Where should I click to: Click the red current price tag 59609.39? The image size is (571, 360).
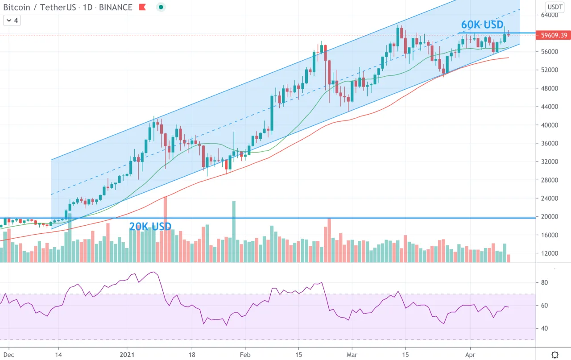(553, 35)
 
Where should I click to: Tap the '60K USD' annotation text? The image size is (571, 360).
(482, 25)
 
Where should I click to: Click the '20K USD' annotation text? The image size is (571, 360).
(150, 227)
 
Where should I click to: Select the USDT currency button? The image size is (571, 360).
(555, 7)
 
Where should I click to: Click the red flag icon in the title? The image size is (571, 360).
(142, 7)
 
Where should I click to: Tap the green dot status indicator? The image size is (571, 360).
(161, 7)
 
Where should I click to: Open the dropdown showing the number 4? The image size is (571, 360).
(12, 21)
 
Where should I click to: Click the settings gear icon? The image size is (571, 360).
(554, 355)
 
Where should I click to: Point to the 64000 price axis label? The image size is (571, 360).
(549, 15)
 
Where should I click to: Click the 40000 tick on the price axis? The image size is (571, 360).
(549, 125)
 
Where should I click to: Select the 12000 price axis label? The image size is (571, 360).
(549, 253)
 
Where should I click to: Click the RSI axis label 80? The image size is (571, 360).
(544, 282)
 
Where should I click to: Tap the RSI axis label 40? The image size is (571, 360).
(544, 328)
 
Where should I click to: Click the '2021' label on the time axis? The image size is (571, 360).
(127, 355)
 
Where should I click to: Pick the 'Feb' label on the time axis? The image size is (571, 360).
(245, 355)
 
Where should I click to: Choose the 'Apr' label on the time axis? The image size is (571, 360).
(470, 355)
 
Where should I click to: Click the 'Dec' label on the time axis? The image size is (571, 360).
(8, 355)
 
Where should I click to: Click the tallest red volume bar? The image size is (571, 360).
(166, 229)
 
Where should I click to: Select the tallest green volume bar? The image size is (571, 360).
(234, 232)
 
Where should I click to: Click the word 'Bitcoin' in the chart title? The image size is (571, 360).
(17, 8)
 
